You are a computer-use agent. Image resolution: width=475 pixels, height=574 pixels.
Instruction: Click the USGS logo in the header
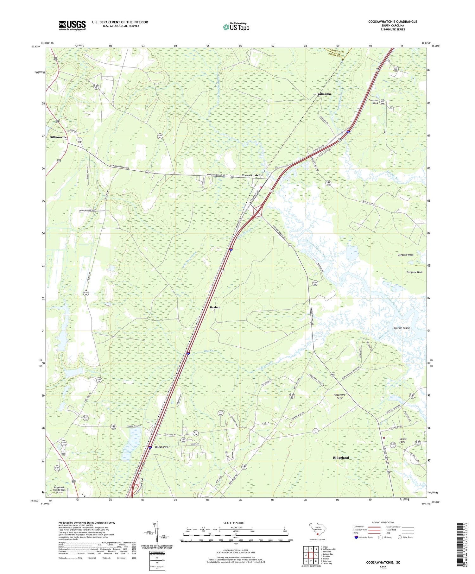coord(72,25)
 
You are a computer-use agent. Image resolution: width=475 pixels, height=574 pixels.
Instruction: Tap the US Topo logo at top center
coord(236,27)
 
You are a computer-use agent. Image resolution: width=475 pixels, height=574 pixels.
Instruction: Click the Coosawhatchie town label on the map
coord(252,175)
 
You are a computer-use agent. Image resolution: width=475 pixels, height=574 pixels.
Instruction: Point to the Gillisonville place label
coord(58,137)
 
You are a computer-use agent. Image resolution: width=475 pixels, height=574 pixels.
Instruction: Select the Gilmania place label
coord(324,94)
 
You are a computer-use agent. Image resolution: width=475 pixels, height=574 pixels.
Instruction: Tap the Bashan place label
coord(215,307)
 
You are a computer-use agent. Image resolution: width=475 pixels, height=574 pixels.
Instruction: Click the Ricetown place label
coord(161,447)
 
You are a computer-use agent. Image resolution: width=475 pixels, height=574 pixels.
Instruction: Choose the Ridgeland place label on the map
coord(341,457)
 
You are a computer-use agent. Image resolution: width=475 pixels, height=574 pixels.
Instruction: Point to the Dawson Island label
coord(402,328)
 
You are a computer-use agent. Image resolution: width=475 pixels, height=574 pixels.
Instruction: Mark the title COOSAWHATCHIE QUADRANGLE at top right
coord(393,22)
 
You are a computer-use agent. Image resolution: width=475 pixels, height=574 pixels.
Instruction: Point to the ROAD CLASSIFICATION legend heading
coord(383,522)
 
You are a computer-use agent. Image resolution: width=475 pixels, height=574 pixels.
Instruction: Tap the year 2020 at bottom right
coord(383,567)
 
